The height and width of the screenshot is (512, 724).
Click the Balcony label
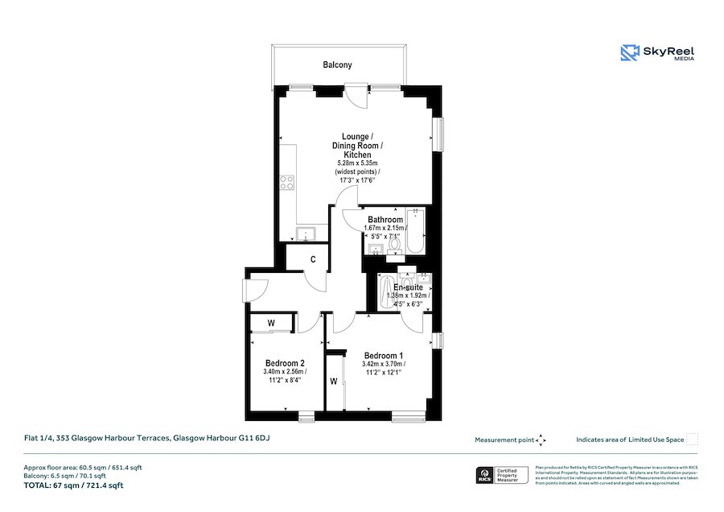(338, 65)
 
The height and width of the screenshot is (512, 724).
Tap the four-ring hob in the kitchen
(286, 182)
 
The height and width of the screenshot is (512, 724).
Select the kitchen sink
(306, 234)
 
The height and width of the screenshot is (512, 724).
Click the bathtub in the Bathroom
(414, 231)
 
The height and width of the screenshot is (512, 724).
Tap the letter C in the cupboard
(313, 259)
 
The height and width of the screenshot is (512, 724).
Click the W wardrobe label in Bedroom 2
(272, 324)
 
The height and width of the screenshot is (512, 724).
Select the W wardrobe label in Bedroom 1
(334, 382)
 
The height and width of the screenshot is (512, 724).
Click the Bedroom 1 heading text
(384, 356)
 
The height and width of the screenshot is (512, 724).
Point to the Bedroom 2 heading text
(284, 363)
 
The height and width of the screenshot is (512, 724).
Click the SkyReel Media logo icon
(629, 53)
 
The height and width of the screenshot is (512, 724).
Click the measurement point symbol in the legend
(541, 440)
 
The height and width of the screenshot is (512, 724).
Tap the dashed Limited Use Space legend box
(693, 439)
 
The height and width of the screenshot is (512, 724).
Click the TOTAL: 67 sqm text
(73, 485)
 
